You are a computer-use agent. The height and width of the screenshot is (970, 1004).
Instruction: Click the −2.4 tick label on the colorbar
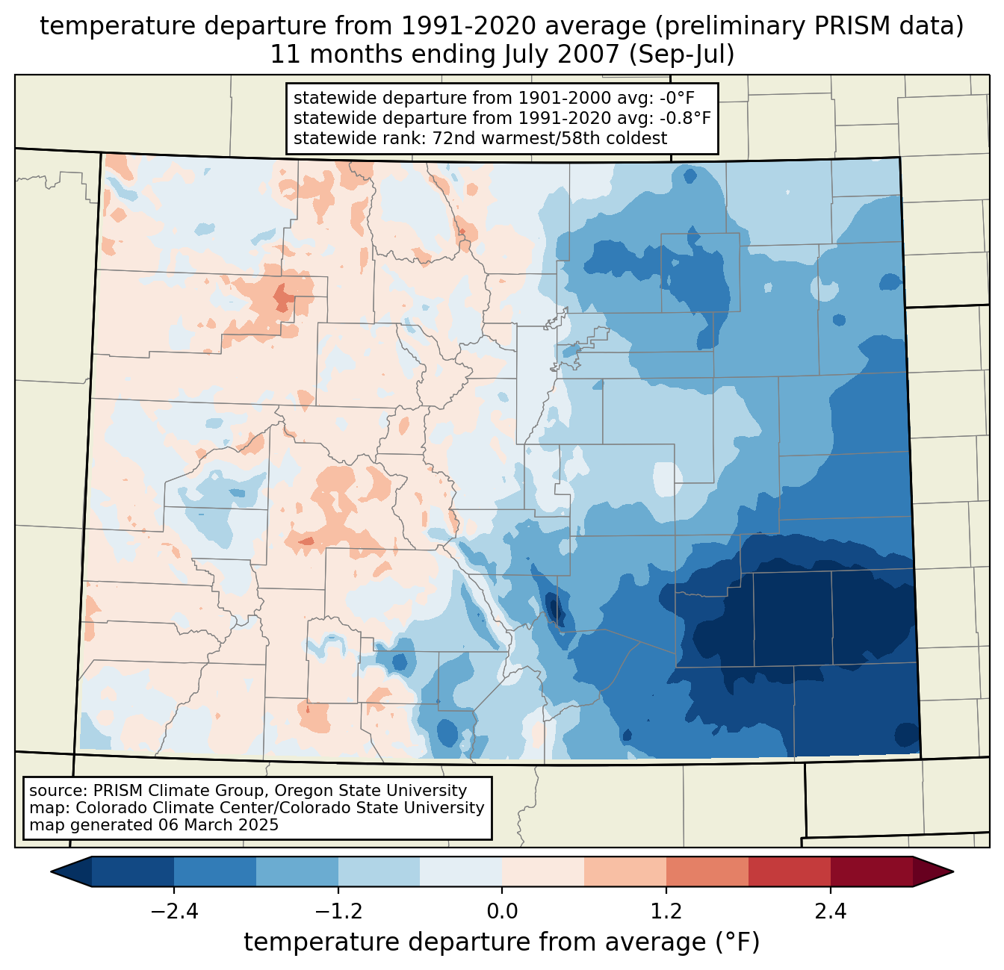(x=173, y=912)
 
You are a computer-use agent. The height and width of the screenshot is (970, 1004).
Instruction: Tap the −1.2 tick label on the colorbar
(x=338, y=912)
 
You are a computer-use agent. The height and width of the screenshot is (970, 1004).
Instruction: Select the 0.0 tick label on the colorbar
(x=502, y=912)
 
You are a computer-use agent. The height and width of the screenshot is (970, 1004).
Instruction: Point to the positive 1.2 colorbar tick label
(x=666, y=912)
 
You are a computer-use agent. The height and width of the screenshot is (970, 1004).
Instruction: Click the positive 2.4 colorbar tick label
(x=831, y=912)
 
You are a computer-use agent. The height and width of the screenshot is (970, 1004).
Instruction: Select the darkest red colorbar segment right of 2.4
(x=871, y=871)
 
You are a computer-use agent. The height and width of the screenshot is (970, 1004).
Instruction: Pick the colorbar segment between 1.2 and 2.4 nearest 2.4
(x=789, y=871)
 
